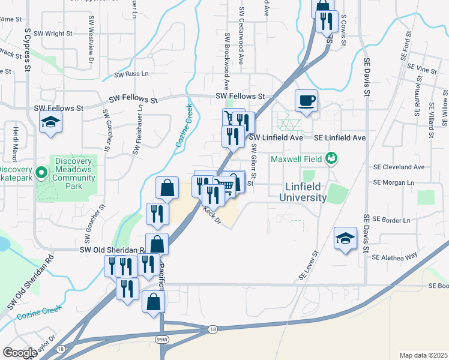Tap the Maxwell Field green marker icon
point(330,158)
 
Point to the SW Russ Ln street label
point(131,74)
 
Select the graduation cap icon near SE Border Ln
point(345,238)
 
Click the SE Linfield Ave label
point(340,137)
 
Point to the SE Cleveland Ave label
point(399,167)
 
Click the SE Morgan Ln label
point(394,182)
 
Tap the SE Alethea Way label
point(394,257)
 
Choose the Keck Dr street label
point(212,216)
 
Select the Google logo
point(20,353)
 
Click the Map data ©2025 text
point(423,355)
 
